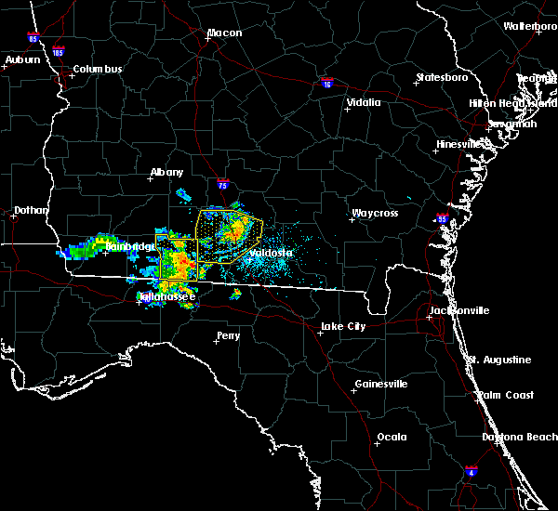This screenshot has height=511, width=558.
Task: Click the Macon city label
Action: pos(224,33)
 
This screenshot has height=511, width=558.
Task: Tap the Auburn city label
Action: pos(22,59)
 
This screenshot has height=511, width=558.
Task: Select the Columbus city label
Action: pos(98,70)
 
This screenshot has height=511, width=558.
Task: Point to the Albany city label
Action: pos(167,172)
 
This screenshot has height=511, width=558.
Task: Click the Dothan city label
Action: pos(30,211)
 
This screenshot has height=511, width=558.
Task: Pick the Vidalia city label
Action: pos(364,103)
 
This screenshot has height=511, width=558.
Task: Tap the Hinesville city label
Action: pos(460,144)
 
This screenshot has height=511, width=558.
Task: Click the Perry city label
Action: pos(228,335)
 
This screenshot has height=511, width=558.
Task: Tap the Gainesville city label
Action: pos(381,385)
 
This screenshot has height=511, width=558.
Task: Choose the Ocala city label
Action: pos(392,437)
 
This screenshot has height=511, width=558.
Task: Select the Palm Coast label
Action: pos(507,395)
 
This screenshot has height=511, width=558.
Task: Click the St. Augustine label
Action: pos(499,360)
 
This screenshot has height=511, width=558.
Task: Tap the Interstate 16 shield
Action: pos(325,83)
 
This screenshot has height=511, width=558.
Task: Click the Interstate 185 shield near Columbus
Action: pos(59,52)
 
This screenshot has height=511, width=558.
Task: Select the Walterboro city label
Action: pos(530,26)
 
